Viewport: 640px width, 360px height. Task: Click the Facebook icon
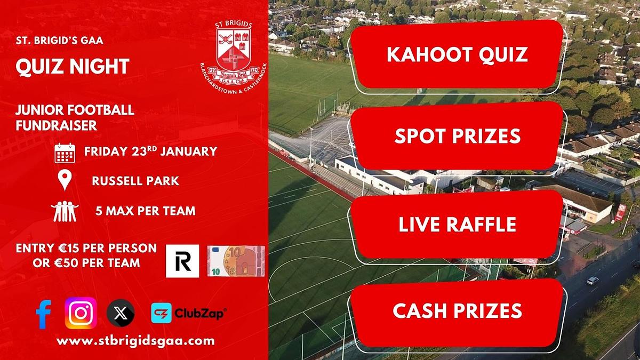(x=43, y=314)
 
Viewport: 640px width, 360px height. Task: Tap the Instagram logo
(x=81, y=313)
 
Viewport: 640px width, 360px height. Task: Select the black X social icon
(x=121, y=313)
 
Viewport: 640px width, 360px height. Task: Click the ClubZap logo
(x=189, y=313)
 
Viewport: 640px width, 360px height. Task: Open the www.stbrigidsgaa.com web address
(x=135, y=341)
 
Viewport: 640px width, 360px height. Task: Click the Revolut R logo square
(x=182, y=261)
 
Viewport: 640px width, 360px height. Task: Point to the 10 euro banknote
(x=236, y=261)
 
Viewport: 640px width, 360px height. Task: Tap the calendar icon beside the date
(x=65, y=153)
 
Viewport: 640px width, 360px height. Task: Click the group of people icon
(x=65, y=211)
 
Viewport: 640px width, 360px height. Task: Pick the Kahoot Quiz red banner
(x=457, y=55)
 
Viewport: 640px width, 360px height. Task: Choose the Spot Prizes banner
(x=457, y=136)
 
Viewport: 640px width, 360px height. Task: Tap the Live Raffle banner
(x=457, y=225)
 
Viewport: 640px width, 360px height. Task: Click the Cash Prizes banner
(x=457, y=311)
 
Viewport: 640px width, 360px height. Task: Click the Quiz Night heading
(x=73, y=67)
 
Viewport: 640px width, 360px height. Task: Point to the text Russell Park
(x=135, y=181)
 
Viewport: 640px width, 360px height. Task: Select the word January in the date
(x=189, y=151)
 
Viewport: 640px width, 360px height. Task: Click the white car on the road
(x=593, y=281)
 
